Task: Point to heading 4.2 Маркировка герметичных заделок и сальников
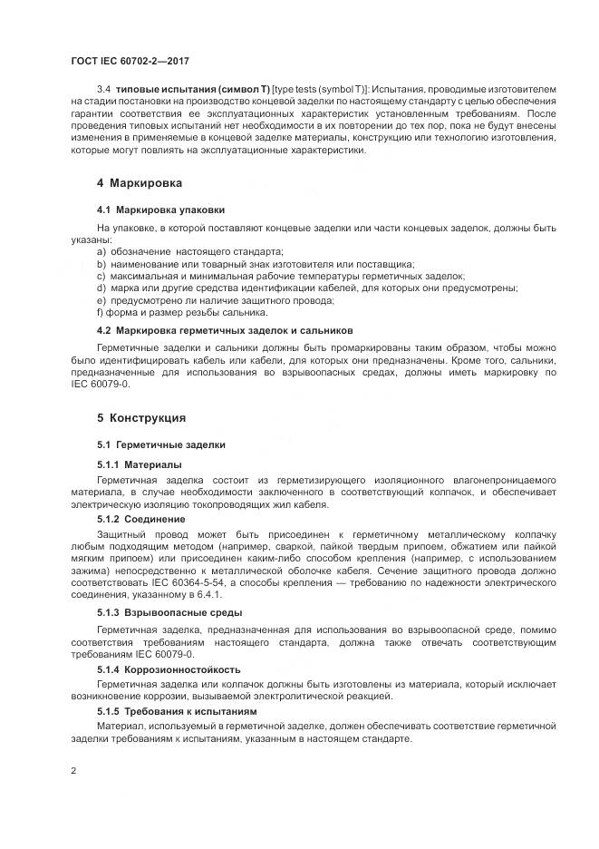pos(225,330)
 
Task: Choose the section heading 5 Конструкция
pos(141,418)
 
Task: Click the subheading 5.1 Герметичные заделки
pos(155,445)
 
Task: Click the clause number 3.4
pos(103,88)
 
